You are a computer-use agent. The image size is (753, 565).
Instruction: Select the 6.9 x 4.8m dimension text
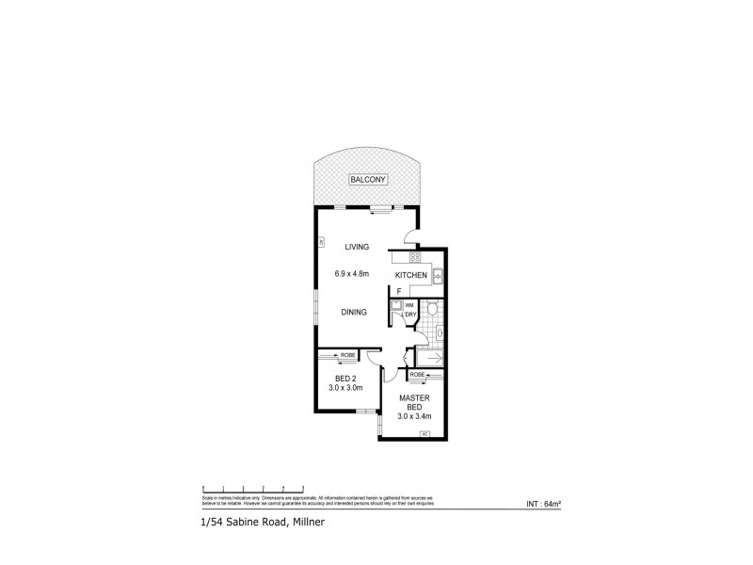click(x=351, y=274)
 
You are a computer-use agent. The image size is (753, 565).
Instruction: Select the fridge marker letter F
click(x=398, y=292)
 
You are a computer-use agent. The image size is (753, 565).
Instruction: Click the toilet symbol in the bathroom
click(x=432, y=308)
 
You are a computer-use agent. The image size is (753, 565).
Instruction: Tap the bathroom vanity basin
click(x=441, y=331)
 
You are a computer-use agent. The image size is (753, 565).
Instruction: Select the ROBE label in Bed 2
click(x=347, y=355)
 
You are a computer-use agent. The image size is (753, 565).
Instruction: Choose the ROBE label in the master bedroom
click(x=416, y=375)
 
